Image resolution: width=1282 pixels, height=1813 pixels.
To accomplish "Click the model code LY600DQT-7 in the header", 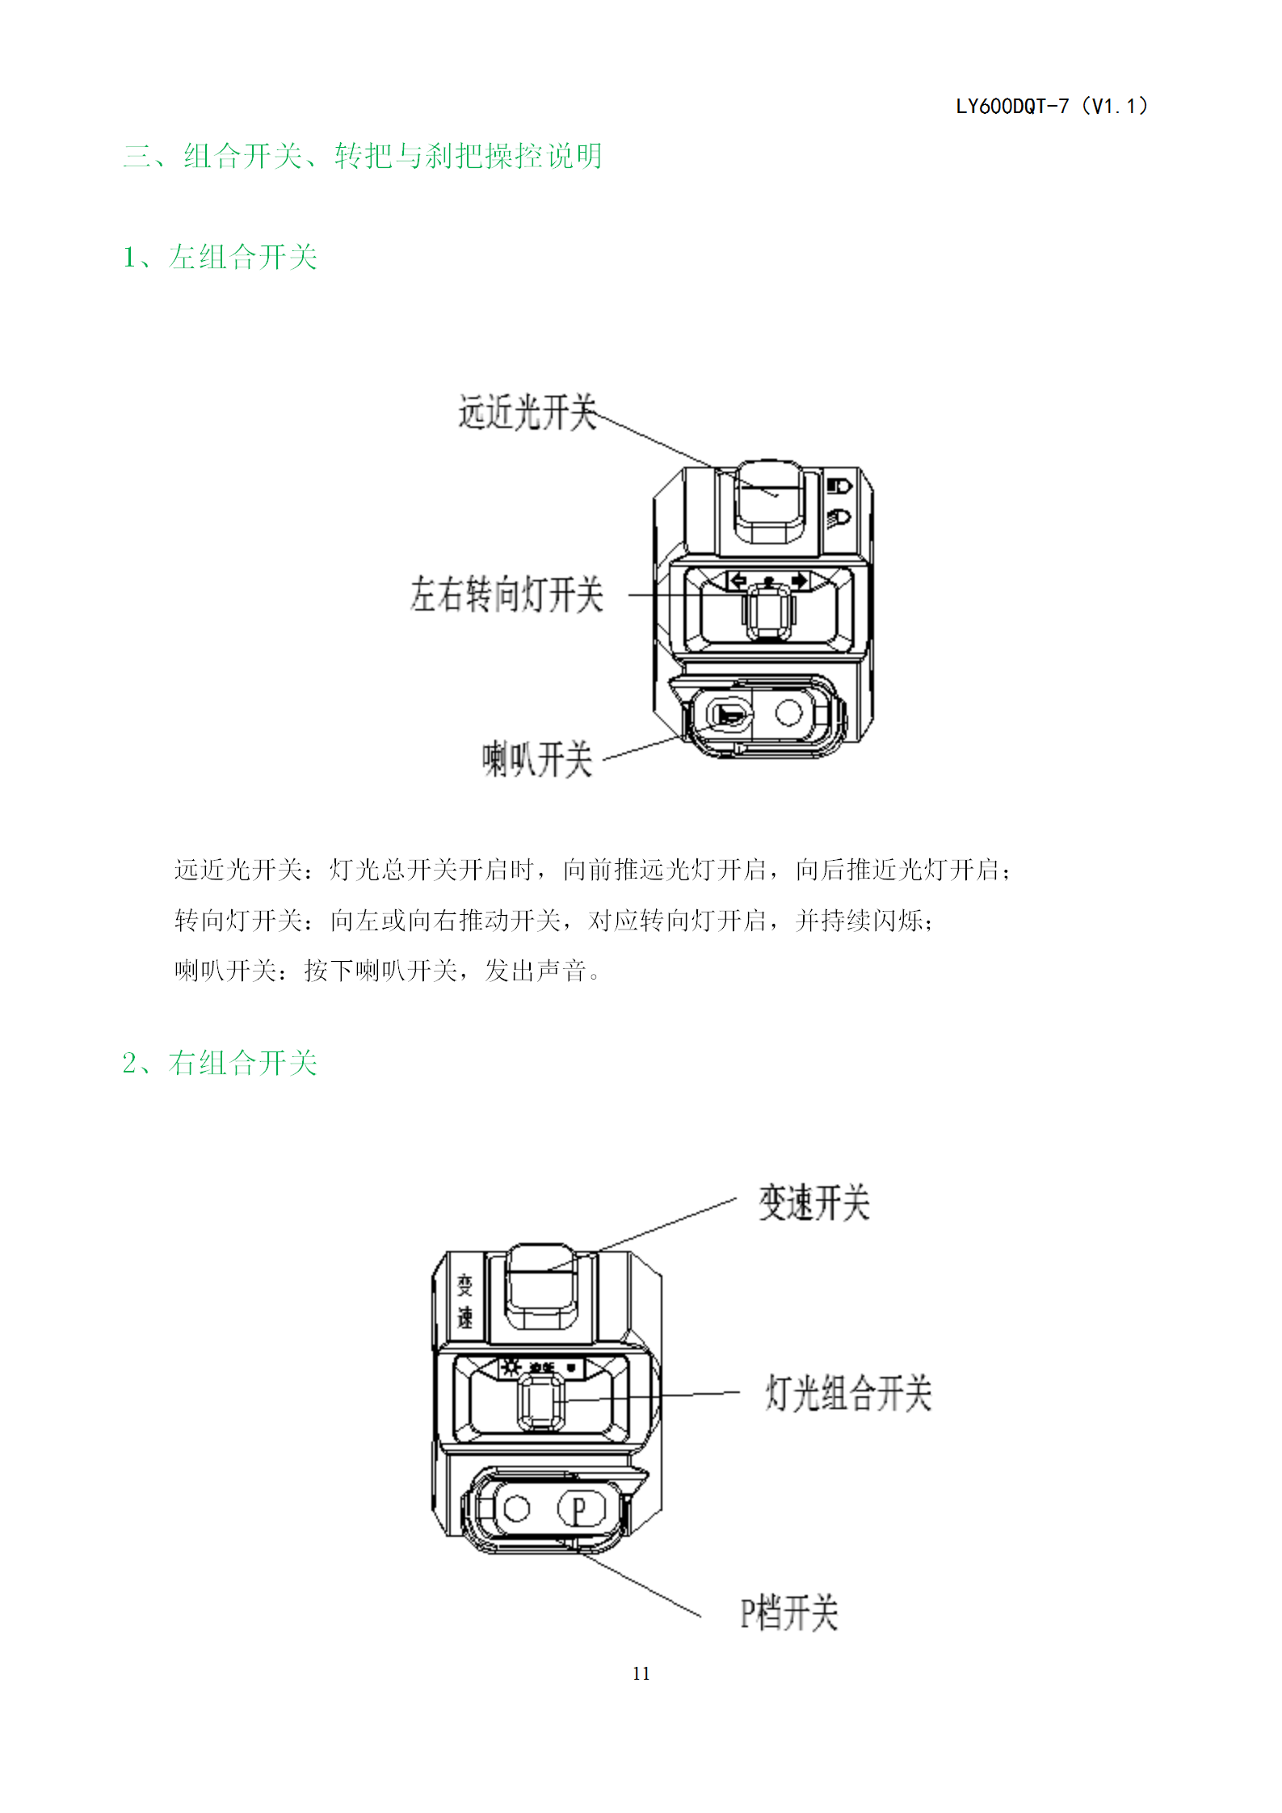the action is click(x=1012, y=107).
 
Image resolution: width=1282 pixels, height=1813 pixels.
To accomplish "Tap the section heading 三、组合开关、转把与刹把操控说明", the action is click(x=363, y=156).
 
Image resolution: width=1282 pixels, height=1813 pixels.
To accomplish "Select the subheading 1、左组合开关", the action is click(x=220, y=257).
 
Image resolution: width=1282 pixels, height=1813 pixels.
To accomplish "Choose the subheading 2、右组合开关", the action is click(x=220, y=1063).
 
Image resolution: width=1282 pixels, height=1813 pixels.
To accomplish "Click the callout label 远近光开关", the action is click(x=528, y=413).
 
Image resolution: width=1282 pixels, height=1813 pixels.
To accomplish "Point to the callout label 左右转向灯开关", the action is click(x=506, y=594).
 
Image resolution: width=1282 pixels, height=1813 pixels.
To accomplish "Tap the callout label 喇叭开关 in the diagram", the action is click(x=537, y=759).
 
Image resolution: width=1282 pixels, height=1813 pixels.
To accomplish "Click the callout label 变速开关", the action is click(x=814, y=1203).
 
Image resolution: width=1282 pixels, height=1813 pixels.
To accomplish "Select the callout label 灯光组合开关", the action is click(x=848, y=1393).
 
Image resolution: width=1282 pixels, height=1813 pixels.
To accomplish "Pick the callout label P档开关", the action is click(x=789, y=1613).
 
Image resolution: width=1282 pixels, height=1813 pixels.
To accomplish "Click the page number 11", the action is click(x=641, y=1673).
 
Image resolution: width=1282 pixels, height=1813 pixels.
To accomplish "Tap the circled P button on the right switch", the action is click(x=579, y=1509).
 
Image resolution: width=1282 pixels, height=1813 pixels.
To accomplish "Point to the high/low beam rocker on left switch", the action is click(x=769, y=502).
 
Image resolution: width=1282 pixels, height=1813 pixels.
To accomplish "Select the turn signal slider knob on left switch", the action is click(x=767, y=611).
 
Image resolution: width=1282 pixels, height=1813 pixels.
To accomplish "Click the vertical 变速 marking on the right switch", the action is click(x=465, y=1301).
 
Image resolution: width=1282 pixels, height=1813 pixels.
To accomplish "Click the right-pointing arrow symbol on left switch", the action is click(x=800, y=581).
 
